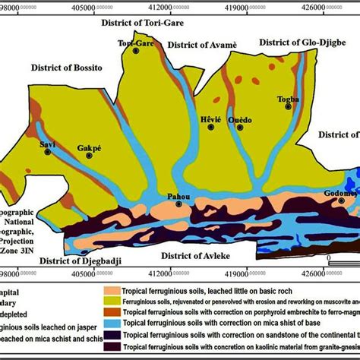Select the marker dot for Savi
[48, 152]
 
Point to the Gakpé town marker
[89, 156]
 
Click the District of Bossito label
[67, 68]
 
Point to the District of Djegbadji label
[79, 260]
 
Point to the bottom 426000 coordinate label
[330, 270]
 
